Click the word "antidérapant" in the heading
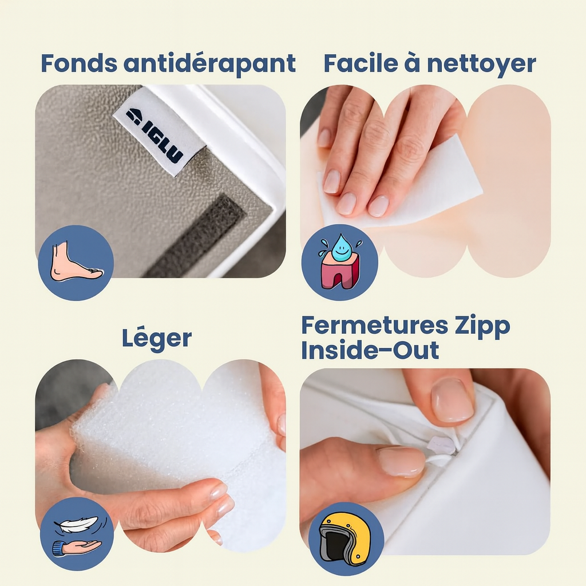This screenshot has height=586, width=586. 209,64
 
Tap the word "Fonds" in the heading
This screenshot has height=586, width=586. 79,63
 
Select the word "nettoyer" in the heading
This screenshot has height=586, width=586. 482,64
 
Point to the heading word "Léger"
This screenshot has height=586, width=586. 157,339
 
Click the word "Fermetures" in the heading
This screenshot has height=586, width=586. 374,325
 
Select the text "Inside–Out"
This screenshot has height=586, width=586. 370,350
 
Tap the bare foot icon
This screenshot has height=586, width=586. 76,262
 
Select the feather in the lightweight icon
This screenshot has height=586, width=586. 77,524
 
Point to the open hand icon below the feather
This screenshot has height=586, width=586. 76,548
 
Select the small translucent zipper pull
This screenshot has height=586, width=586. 444,446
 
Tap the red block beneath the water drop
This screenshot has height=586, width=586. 340,271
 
